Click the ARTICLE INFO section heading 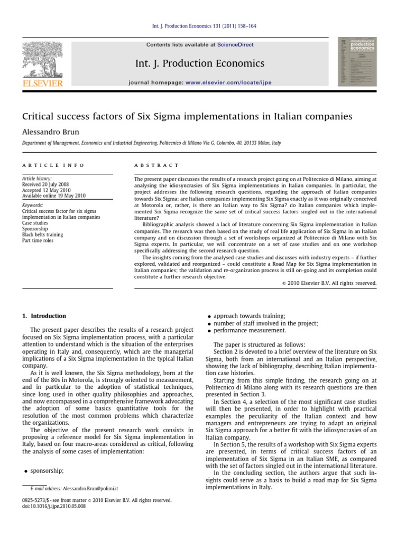click(x=53, y=165)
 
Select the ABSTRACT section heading click(x=157, y=165)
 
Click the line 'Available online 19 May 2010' click(x=53, y=195)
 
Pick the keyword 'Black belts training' click(x=43, y=234)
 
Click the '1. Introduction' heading click(x=44, y=316)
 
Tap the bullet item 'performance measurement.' click(x=250, y=331)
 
